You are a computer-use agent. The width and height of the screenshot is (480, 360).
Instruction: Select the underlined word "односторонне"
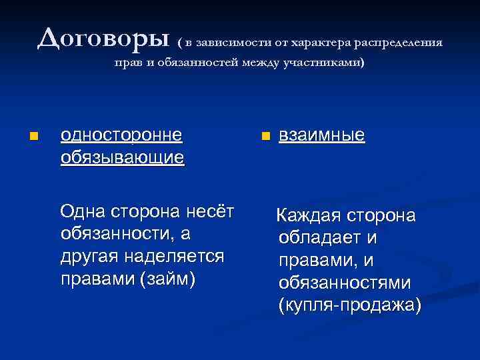[x=121, y=135]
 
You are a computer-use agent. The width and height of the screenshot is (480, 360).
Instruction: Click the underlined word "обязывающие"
[x=122, y=158]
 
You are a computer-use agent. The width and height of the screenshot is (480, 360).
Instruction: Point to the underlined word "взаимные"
[x=321, y=135]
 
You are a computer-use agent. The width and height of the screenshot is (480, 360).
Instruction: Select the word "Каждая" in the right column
[x=309, y=217]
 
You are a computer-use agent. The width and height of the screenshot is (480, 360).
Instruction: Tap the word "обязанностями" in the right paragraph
[x=345, y=283]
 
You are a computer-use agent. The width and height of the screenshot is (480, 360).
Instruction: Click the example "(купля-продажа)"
[x=349, y=305]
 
